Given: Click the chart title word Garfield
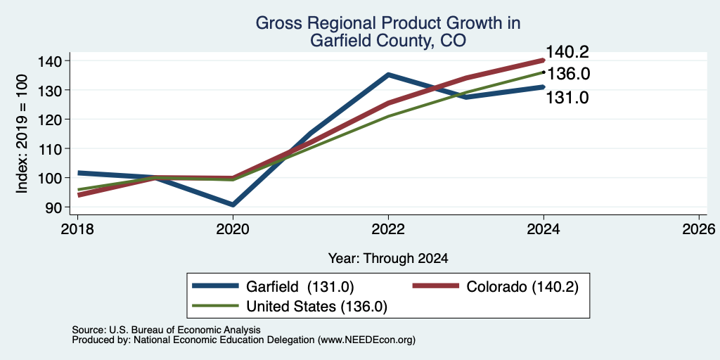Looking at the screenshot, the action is click(337, 41).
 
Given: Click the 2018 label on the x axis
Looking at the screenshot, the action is click(77, 229).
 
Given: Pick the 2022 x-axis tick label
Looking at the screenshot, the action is click(388, 229).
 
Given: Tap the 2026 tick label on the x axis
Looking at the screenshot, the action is click(699, 229).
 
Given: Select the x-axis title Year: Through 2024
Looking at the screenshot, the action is click(388, 259).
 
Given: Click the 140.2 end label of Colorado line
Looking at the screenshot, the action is click(567, 52).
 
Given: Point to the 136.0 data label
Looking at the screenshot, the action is click(567, 74).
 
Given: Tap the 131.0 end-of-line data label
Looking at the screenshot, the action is click(567, 97).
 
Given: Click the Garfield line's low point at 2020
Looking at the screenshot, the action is click(233, 205).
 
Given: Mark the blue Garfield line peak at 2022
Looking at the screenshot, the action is click(388, 75).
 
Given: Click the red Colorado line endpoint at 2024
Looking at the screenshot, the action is click(544, 60).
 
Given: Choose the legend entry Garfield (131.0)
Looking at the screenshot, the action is click(273, 286).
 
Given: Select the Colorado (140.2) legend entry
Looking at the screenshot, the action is click(495, 286).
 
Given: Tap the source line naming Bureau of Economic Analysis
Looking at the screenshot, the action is click(166, 330).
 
